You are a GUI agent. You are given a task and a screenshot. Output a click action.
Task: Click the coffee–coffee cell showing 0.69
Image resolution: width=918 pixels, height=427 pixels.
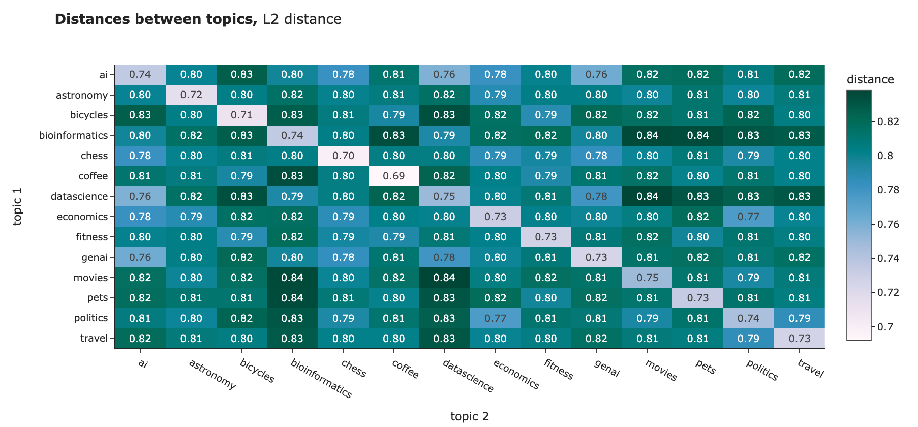(x=393, y=176)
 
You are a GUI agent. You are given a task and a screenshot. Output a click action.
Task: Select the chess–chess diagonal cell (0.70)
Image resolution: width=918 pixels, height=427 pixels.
(x=343, y=156)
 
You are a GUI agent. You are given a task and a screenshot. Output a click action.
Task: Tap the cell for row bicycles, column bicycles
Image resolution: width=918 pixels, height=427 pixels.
(x=241, y=115)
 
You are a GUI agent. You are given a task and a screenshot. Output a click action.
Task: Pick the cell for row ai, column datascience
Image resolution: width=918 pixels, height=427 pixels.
(x=444, y=75)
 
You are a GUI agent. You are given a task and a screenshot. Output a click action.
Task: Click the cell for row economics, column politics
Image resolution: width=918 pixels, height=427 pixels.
(x=748, y=217)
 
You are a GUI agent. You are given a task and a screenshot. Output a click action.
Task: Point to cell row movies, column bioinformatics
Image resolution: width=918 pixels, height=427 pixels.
(x=292, y=278)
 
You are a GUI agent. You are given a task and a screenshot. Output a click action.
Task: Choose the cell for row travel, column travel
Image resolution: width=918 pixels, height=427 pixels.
(x=800, y=339)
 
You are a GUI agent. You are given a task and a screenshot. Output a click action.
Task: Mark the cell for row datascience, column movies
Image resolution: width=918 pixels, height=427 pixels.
(x=647, y=196)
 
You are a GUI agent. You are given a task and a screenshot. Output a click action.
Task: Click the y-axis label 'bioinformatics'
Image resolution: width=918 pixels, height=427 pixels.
(x=73, y=135)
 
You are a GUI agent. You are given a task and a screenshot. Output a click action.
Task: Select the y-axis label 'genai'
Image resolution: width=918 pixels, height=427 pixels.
(x=95, y=257)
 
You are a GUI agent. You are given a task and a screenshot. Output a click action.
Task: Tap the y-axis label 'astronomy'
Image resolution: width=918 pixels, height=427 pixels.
(x=82, y=95)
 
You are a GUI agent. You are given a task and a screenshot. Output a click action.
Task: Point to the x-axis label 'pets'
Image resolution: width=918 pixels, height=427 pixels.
(x=705, y=368)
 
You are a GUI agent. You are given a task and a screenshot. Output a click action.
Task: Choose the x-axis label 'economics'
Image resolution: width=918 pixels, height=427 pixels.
(x=515, y=375)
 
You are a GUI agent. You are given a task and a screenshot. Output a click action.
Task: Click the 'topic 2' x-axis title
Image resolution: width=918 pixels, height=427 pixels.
(x=469, y=416)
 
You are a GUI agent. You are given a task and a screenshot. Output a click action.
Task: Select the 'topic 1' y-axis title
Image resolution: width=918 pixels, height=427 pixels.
(x=17, y=206)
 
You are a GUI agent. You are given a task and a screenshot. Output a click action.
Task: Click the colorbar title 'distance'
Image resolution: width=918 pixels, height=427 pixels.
(x=870, y=79)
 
